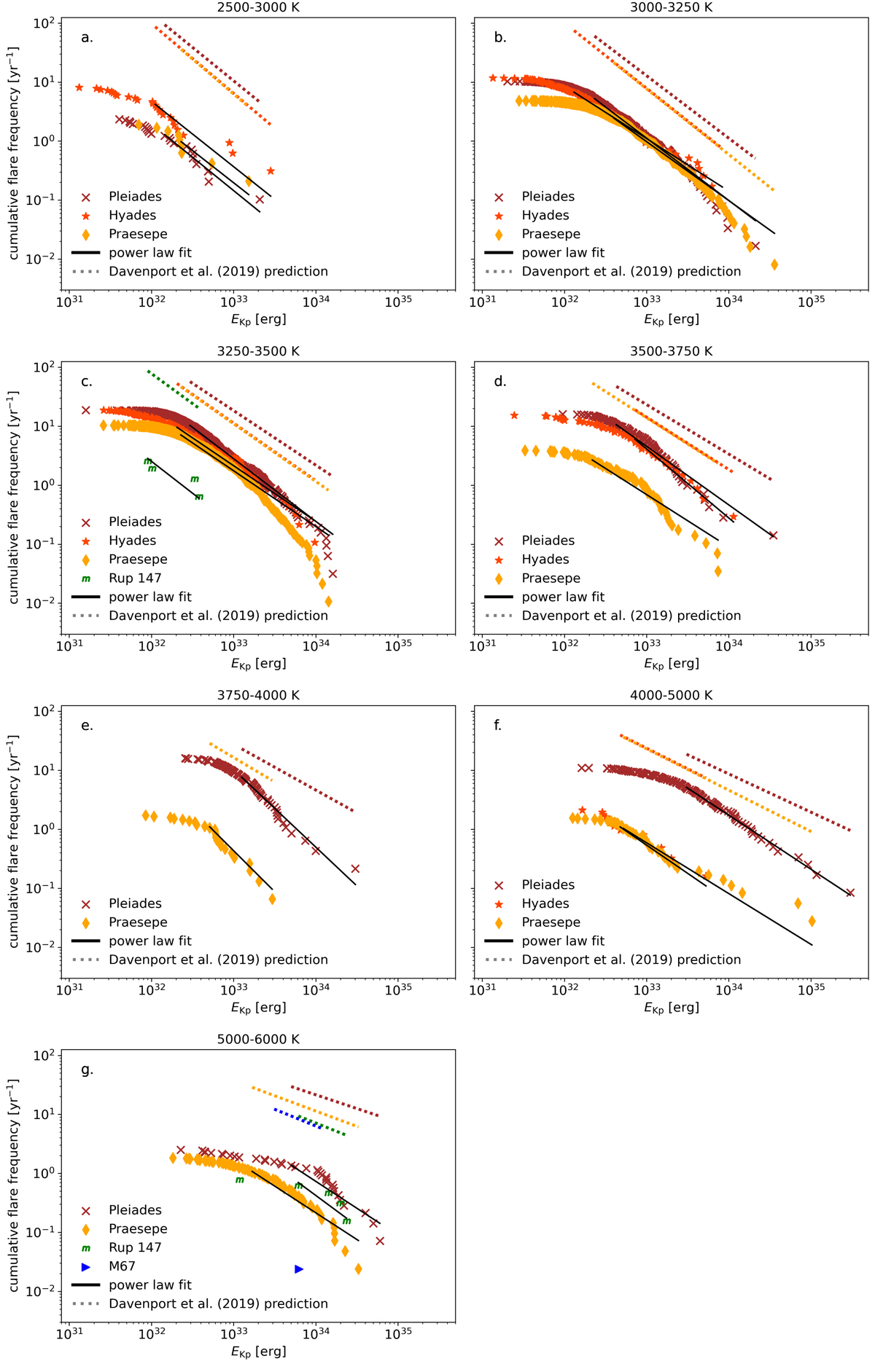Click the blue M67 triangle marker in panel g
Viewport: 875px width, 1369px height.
(x=299, y=1269)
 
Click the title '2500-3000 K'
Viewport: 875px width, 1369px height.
(x=258, y=7)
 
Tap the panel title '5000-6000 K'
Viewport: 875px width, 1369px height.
(x=258, y=1039)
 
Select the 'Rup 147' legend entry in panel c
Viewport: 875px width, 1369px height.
(x=135, y=578)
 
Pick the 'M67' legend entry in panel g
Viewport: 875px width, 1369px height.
(x=122, y=1266)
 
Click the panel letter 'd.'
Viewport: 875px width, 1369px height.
(x=500, y=381)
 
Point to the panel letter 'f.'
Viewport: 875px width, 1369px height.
(x=498, y=725)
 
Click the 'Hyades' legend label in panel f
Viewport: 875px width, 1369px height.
(x=545, y=903)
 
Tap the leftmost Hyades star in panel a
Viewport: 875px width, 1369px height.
(x=79, y=87)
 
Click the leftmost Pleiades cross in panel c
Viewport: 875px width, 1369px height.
(x=86, y=411)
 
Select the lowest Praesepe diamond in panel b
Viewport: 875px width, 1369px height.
(x=774, y=264)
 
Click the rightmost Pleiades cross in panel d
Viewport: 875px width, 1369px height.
(x=773, y=536)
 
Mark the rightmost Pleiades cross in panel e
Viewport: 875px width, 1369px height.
(x=356, y=868)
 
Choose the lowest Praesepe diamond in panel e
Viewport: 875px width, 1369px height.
(x=272, y=899)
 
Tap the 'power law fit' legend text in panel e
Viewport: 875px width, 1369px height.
(x=150, y=941)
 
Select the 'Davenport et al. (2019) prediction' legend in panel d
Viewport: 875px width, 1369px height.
(x=631, y=616)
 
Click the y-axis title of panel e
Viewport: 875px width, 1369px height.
(x=13, y=841)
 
